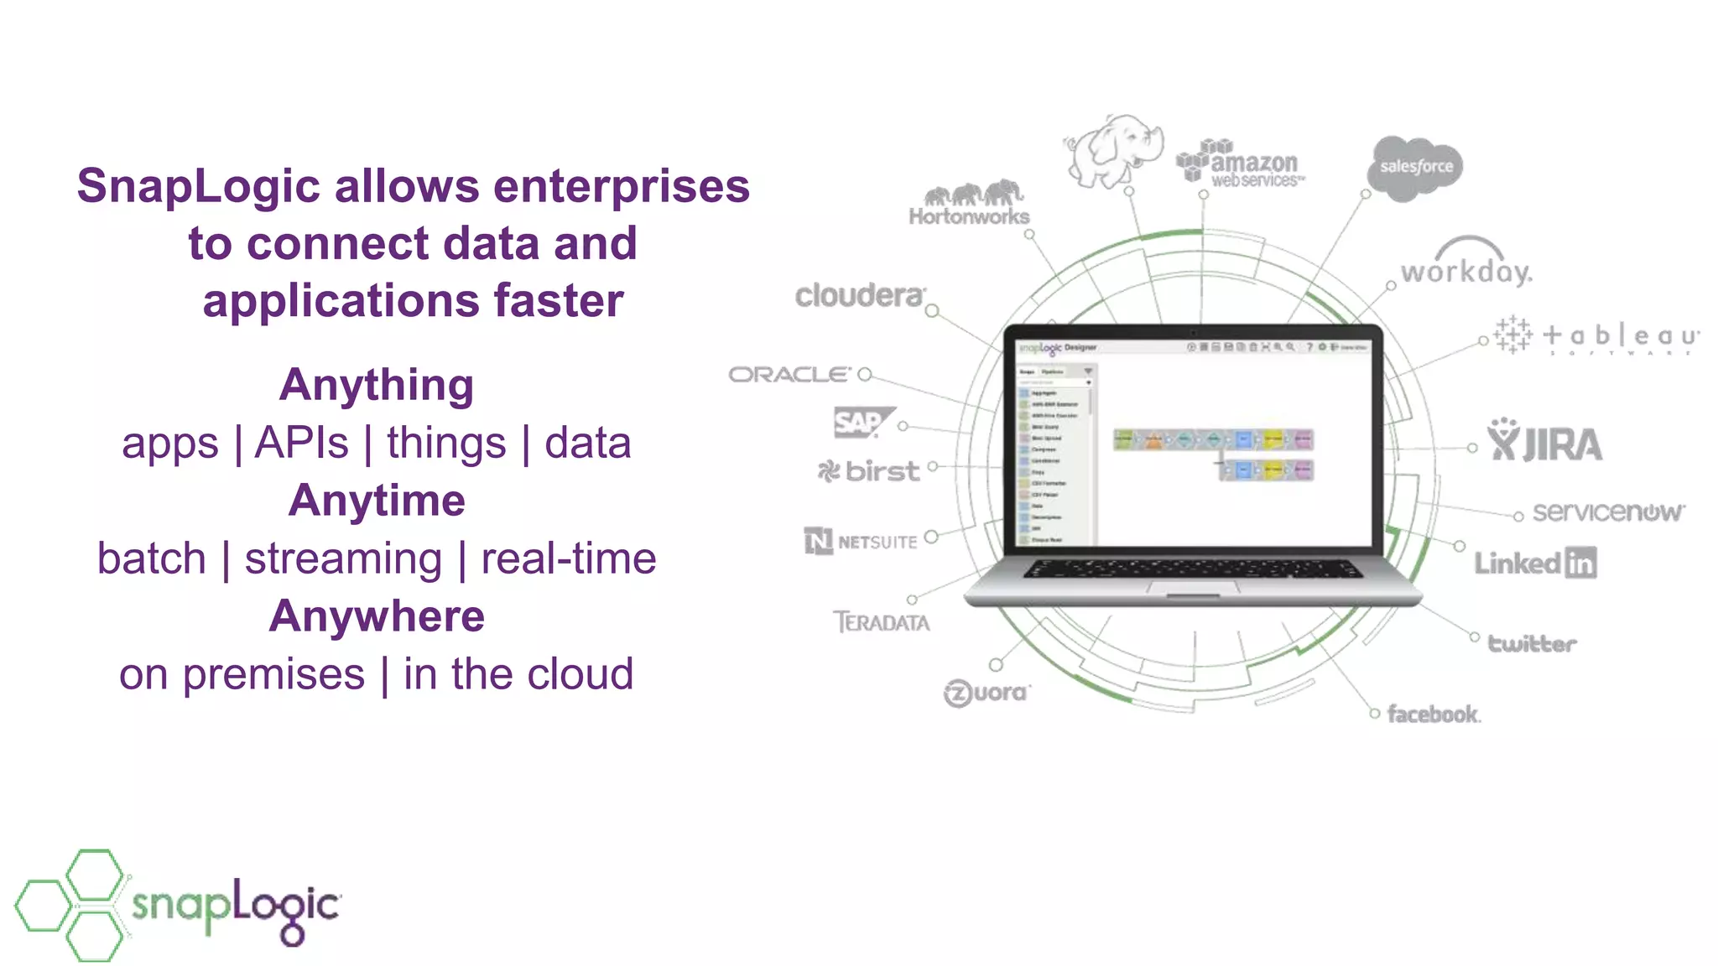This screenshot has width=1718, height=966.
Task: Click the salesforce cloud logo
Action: click(1416, 168)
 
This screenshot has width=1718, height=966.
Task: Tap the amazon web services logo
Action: click(1242, 164)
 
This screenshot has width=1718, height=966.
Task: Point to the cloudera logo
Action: click(859, 295)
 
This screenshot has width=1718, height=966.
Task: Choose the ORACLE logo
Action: click(790, 374)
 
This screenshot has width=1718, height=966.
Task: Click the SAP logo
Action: click(861, 422)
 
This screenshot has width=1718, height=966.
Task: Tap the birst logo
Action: click(869, 471)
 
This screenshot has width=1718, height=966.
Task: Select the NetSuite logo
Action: click(861, 541)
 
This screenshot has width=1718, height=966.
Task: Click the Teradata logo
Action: click(881, 622)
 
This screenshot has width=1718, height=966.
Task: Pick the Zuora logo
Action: click(987, 693)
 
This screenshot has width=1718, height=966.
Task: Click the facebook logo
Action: click(1434, 714)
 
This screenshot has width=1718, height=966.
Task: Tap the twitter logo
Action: click(1532, 643)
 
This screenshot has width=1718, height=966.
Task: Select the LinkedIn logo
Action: click(1535, 563)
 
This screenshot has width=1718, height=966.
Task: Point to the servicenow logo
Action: click(1607, 512)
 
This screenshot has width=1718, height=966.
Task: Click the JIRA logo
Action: click(1545, 441)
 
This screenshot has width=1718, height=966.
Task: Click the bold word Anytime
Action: click(377, 501)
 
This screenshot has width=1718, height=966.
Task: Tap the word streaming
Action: click(343, 558)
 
